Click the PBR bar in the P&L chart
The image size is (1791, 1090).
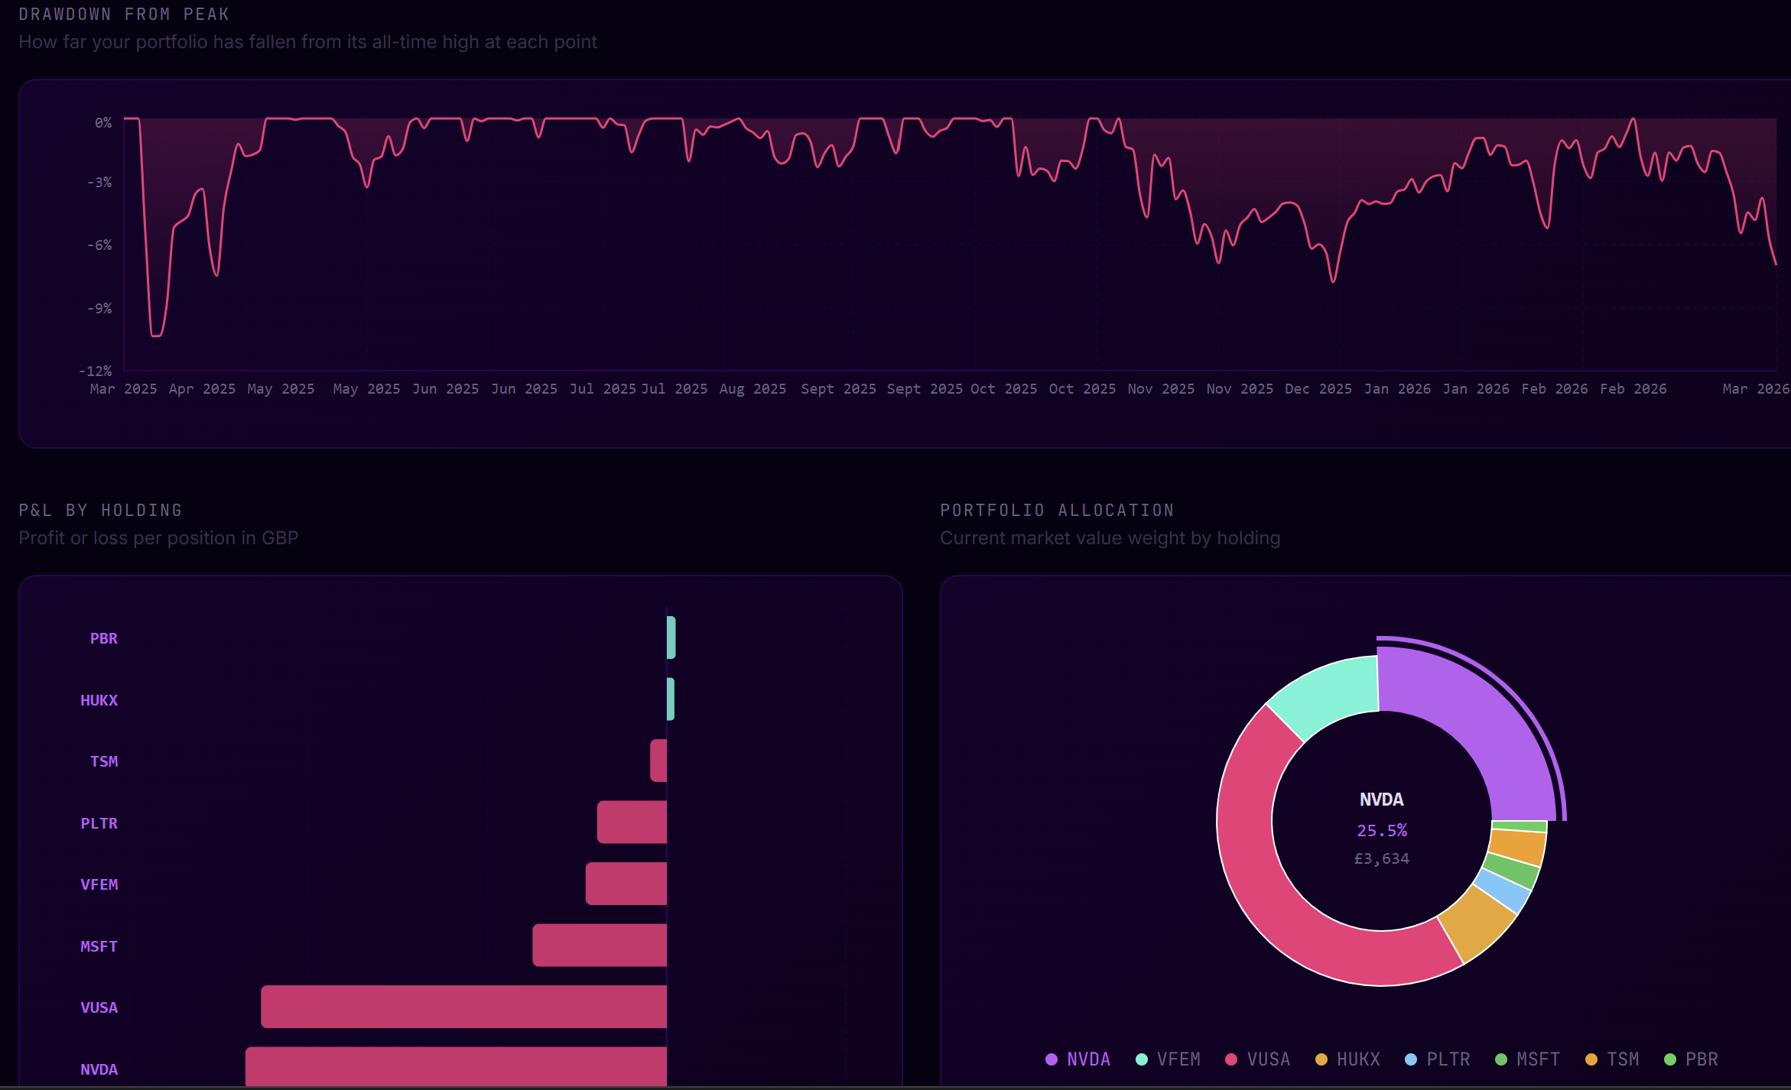(671, 637)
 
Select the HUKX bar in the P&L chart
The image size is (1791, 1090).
(671, 699)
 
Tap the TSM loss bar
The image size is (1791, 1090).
(658, 761)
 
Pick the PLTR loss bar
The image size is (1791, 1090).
(632, 822)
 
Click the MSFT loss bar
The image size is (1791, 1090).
(600, 946)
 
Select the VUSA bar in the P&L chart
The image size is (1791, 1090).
(463, 1007)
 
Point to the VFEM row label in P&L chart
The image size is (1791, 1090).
(99, 884)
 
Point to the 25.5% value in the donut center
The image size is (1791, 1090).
(1382, 830)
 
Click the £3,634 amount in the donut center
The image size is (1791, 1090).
(1382, 858)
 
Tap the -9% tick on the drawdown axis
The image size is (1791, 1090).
(99, 308)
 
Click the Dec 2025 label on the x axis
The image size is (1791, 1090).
(1318, 389)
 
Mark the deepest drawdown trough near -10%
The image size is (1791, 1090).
(157, 335)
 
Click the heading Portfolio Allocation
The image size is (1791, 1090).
(1057, 510)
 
